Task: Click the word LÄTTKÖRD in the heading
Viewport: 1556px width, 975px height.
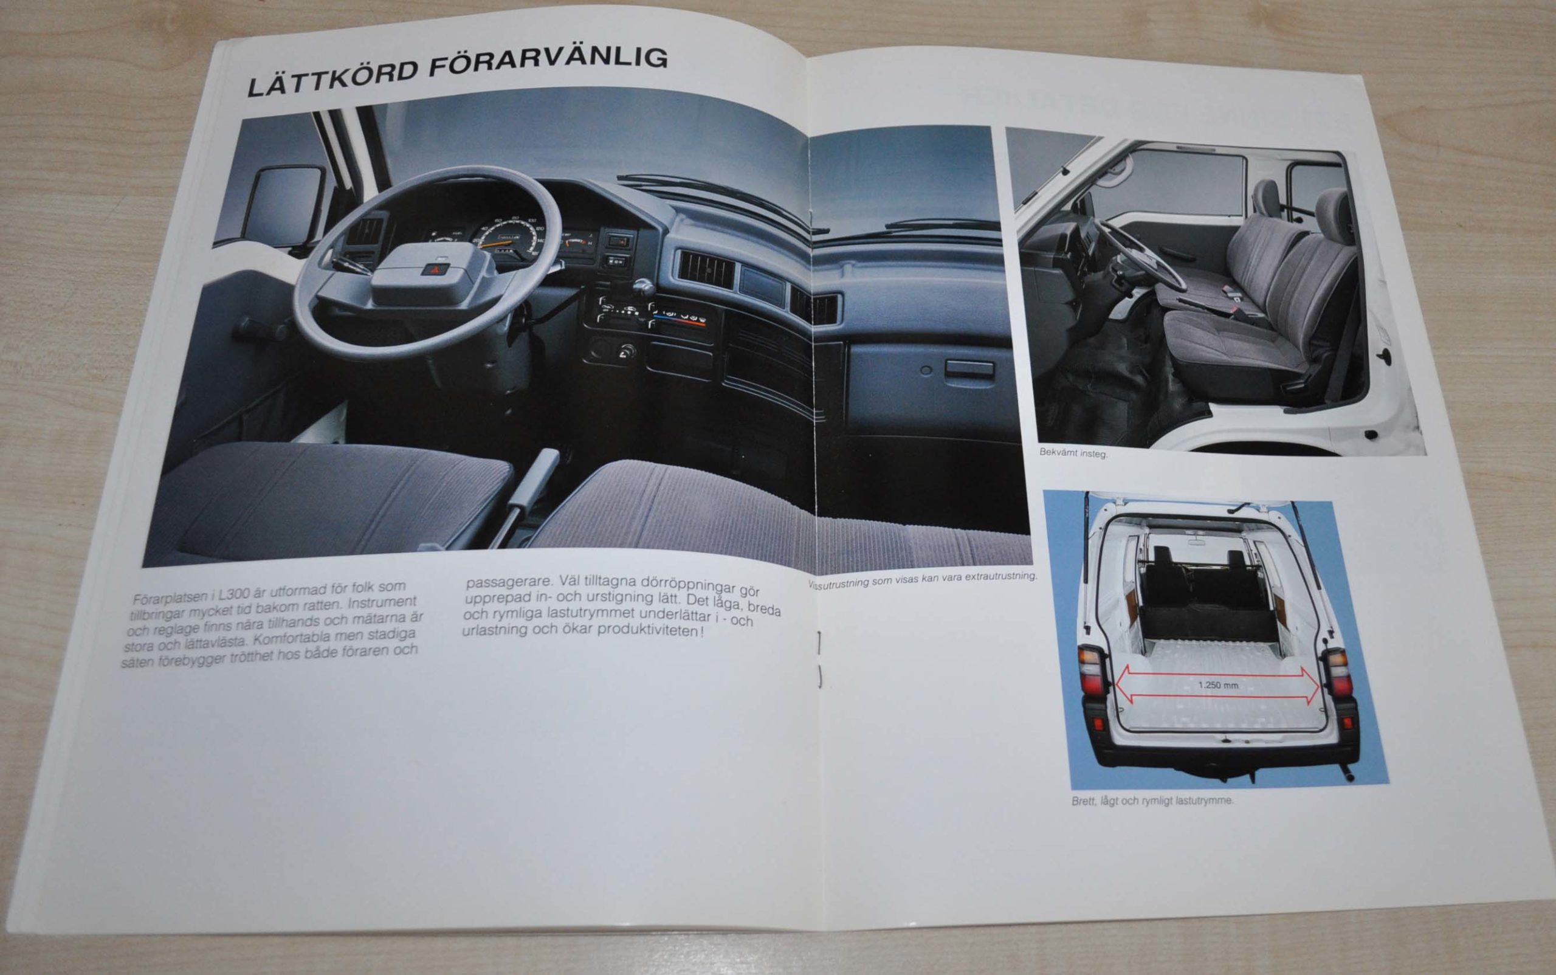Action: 331,76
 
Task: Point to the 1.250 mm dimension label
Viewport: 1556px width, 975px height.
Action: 1217,685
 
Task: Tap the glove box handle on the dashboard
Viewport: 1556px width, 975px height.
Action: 969,370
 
